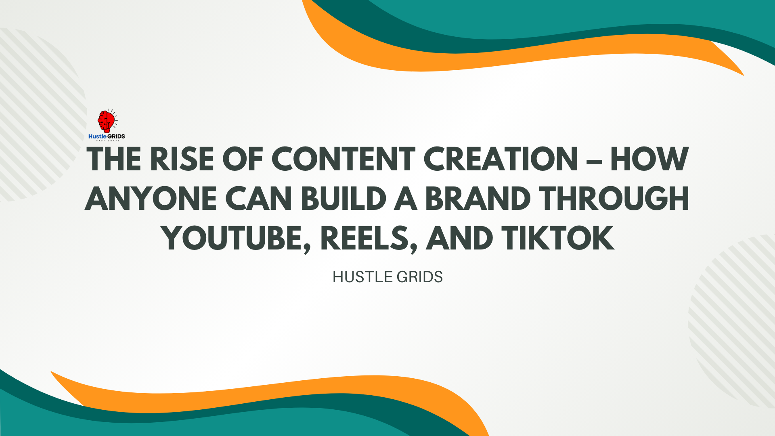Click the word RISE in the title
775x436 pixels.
[182, 159]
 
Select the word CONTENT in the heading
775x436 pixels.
[344, 159]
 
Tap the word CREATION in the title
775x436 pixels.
[501, 159]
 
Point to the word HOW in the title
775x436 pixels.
[649, 159]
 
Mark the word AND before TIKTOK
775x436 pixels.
[459, 238]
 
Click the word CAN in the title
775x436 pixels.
[258, 199]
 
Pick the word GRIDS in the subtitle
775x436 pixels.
[420, 277]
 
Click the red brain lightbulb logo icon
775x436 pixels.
[107, 121]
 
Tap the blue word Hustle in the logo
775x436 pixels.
[97, 136]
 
